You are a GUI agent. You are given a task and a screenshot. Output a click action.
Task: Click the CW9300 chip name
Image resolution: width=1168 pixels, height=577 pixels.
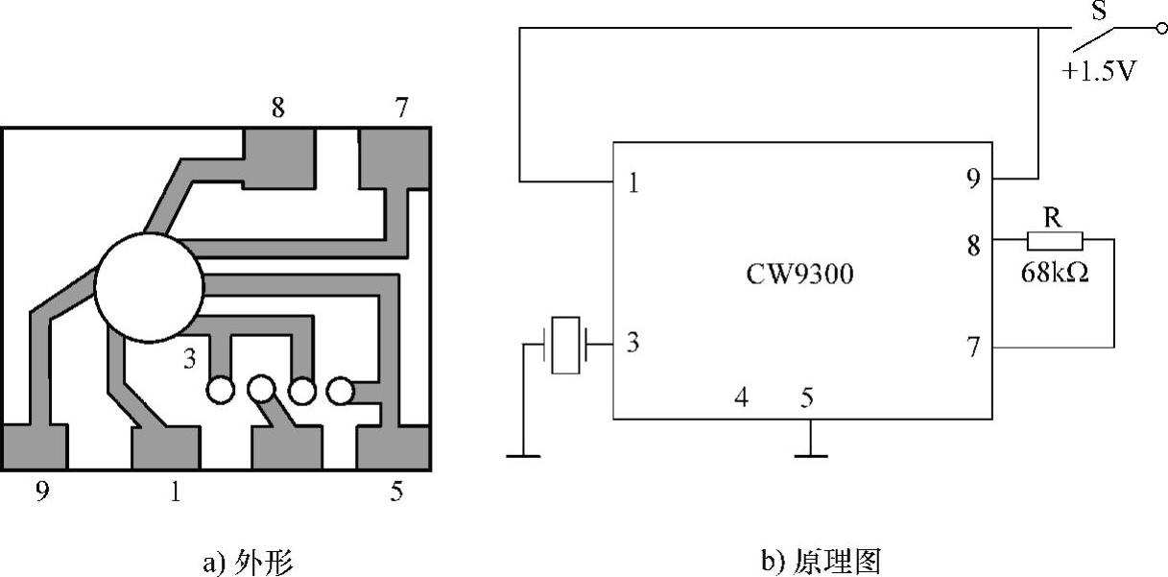799,274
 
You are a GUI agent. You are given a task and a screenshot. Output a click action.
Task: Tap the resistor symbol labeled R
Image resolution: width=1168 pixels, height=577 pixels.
1055,241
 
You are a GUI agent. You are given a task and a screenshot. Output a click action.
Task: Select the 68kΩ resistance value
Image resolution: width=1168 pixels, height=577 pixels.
1055,273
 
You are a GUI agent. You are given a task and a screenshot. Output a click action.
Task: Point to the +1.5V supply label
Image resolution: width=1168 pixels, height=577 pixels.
1099,70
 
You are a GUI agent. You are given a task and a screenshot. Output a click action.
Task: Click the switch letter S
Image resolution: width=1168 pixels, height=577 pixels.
1099,11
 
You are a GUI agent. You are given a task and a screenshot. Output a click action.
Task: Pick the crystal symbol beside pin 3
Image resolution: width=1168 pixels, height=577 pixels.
565,345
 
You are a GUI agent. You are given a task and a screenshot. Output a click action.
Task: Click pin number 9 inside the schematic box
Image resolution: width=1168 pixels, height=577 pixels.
973,179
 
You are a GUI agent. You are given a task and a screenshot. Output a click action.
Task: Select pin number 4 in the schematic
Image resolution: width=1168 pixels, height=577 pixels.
742,397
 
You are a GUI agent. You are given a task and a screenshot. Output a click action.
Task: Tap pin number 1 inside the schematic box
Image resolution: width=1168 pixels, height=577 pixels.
633,183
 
